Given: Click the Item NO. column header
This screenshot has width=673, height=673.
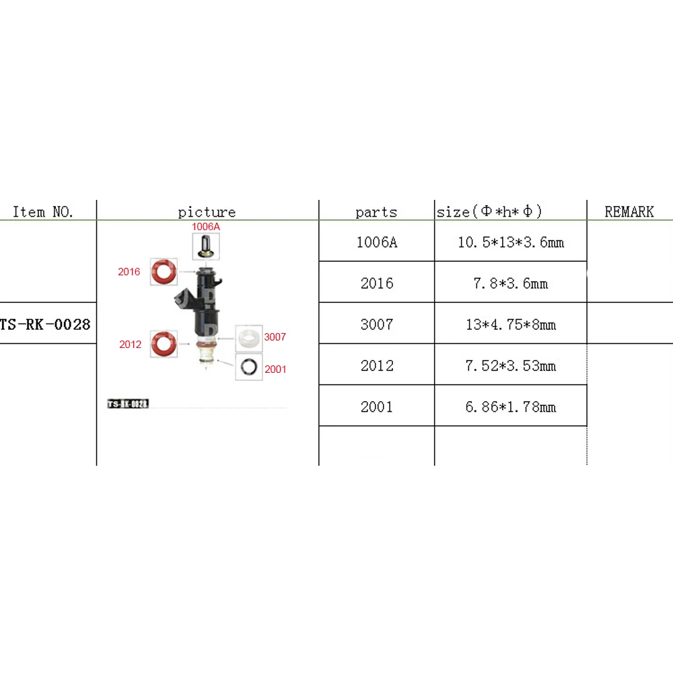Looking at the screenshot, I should [43, 212].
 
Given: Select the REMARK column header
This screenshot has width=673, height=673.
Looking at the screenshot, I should [629, 212].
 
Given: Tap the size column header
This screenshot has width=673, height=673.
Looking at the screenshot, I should [489, 212].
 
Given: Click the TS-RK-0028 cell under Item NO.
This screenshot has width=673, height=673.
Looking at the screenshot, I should [45, 324].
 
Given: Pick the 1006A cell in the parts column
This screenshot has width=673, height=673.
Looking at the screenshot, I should [376, 242].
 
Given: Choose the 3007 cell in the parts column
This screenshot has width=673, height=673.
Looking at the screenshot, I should [376, 324].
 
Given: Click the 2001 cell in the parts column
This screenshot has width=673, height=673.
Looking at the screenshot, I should [376, 406].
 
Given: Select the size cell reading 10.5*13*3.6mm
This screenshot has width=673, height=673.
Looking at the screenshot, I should [510, 242].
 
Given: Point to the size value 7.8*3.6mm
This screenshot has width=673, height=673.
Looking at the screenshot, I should [510, 283].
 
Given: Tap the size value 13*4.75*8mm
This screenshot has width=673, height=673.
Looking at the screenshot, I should [510, 324].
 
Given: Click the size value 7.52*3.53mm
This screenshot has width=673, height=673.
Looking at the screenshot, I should [510, 365].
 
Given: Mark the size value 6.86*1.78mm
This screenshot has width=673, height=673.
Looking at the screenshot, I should [510, 406].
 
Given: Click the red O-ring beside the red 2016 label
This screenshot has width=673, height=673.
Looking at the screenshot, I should [164, 272].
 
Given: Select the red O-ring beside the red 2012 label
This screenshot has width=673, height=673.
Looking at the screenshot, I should [164, 344].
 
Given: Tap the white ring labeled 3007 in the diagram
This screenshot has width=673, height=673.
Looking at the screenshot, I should [249, 336].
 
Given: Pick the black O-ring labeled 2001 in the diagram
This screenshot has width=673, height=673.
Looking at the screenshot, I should [249, 367].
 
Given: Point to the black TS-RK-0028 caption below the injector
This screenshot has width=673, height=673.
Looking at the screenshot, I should [128, 404].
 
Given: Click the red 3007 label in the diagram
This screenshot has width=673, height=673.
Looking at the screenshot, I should [275, 337].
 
